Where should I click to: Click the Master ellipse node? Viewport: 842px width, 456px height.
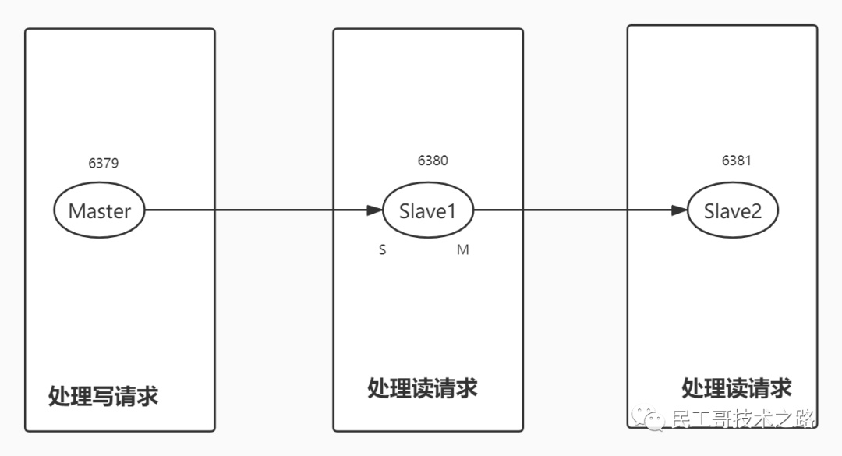(99, 210)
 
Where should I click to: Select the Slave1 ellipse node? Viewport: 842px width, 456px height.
(427, 210)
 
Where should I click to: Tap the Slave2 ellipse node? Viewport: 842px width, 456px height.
(733, 210)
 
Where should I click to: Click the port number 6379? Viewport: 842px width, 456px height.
(104, 164)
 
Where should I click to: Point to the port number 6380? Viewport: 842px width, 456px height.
(433, 161)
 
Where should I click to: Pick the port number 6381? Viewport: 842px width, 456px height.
(737, 161)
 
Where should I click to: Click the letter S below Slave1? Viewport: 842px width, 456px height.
(382, 250)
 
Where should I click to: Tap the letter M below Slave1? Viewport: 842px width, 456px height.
(462, 250)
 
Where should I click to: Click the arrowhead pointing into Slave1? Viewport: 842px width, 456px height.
(374, 210)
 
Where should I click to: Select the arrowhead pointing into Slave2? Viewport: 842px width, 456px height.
(679, 210)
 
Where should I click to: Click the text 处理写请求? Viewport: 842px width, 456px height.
(103, 396)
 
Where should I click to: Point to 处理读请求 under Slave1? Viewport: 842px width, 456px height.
(422, 388)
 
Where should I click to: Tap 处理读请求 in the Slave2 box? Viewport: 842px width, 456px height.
(737, 387)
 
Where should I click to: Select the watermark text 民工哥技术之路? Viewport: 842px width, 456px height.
(743, 419)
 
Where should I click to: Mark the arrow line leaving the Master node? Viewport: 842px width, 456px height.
(249, 210)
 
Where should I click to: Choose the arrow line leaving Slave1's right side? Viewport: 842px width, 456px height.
(569, 210)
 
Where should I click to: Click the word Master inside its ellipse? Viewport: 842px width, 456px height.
(99, 211)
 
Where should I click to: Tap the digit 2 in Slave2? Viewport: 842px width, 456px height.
(755, 211)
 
